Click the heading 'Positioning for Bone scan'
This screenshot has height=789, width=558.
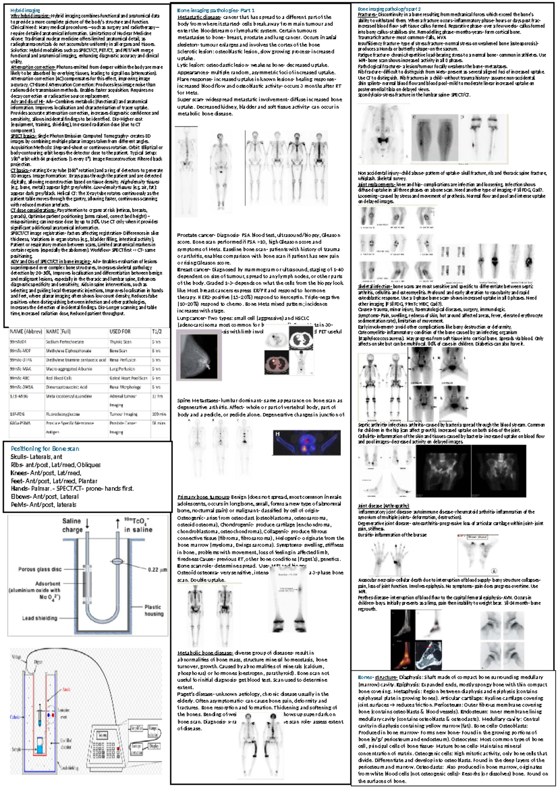pyautogui.click(x=45, y=449)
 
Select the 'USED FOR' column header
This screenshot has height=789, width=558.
pyautogui.click(x=120, y=332)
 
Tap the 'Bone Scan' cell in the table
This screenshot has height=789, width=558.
pyautogui.click(x=118, y=351)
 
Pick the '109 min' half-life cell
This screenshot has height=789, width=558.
pyautogui.click(x=159, y=414)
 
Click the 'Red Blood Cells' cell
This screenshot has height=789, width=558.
pyautogui.click(x=59, y=378)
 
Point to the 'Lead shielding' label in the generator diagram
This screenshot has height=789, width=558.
pyautogui.click(x=40, y=618)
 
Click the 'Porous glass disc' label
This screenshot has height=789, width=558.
pyautogui.click(x=40, y=569)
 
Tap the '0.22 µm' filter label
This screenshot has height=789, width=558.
pyautogui.click(x=157, y=569)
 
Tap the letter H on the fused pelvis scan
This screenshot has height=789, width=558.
pyautogui.click(x=278, y=434)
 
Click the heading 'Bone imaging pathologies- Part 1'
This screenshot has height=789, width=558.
pyautogui.click(x=216, y=10)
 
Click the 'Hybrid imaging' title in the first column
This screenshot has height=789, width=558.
pyautogui.click(x=25, y=10)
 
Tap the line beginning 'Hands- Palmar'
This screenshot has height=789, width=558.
pyautogui.click(x=72, y=489)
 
